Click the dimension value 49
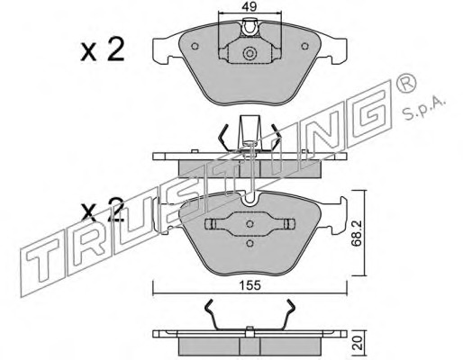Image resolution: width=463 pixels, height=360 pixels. pos(250,6)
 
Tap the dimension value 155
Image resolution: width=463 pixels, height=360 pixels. pos(250,285)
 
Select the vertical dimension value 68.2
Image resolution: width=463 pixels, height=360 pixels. pos(357,234)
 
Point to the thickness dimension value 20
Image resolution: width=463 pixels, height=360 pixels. pos(358,343)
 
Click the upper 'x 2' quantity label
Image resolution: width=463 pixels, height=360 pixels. pos(103,50)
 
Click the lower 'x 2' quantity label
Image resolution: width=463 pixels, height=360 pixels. pos(103,209)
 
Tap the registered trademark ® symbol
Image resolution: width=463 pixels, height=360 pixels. pos(406,84)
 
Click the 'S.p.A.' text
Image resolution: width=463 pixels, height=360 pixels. pos(423,109)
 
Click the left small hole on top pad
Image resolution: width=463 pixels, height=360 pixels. pos(195,46)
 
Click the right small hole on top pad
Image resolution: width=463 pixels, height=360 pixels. pos(305,46)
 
